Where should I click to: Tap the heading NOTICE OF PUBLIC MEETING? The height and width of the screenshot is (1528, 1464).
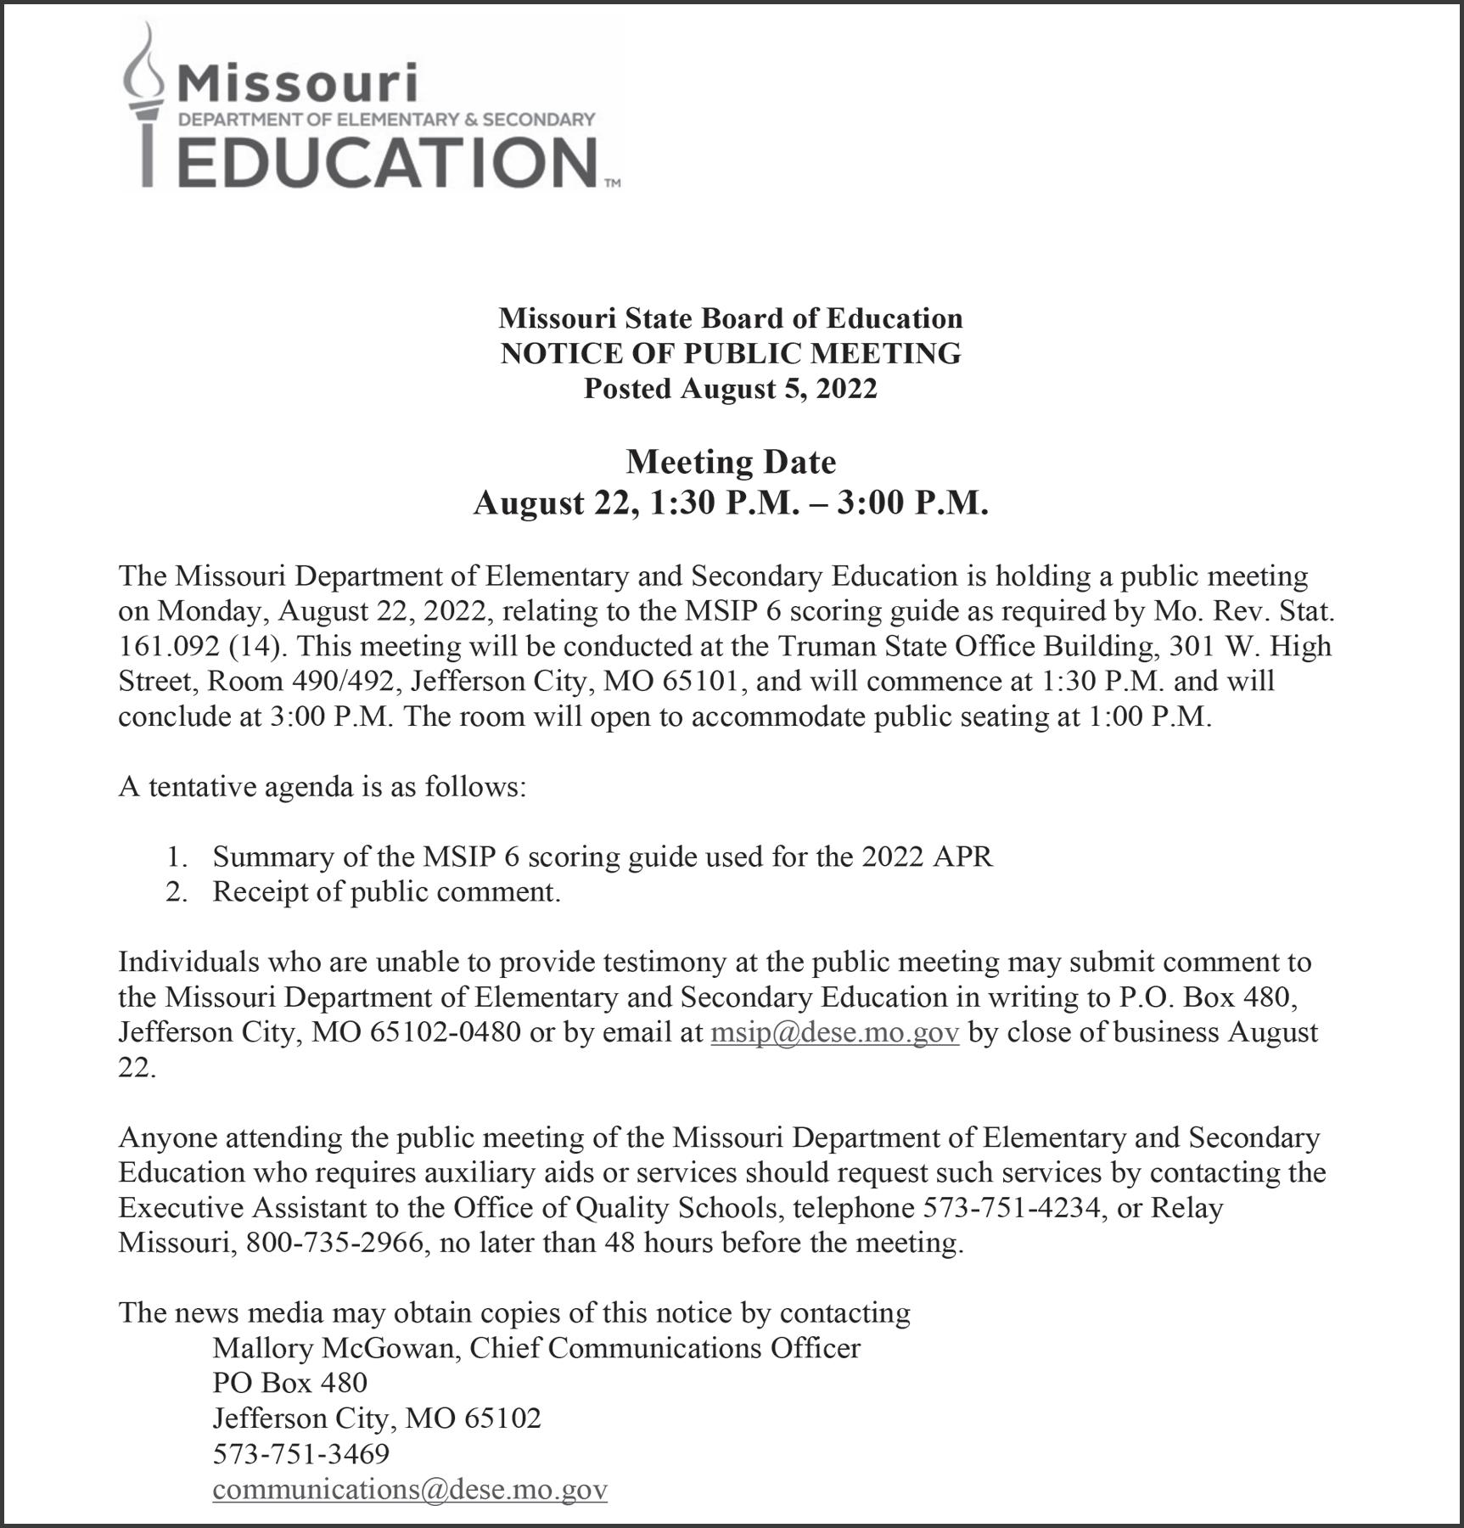tap(731, 353)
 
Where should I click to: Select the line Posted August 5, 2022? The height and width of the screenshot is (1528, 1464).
tap(731, 388)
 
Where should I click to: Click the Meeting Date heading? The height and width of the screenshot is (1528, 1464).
tap(731, 462)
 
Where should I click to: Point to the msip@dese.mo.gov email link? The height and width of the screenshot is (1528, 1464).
tap(834, 1032)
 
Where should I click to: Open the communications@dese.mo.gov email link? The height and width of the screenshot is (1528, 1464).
tap(410, 1489)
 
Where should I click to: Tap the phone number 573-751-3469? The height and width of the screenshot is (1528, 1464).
tap(300, 1453)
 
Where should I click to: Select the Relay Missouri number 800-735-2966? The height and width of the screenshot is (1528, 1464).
tap(334, 1243)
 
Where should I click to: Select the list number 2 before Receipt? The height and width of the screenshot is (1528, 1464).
tap(176, 892)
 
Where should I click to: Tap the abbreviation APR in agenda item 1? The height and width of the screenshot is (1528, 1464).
tap(962, 857)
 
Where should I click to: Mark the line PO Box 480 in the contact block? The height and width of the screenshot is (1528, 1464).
tap(289, 1383)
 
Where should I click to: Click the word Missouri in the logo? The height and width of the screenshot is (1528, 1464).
tap(298, 84)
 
